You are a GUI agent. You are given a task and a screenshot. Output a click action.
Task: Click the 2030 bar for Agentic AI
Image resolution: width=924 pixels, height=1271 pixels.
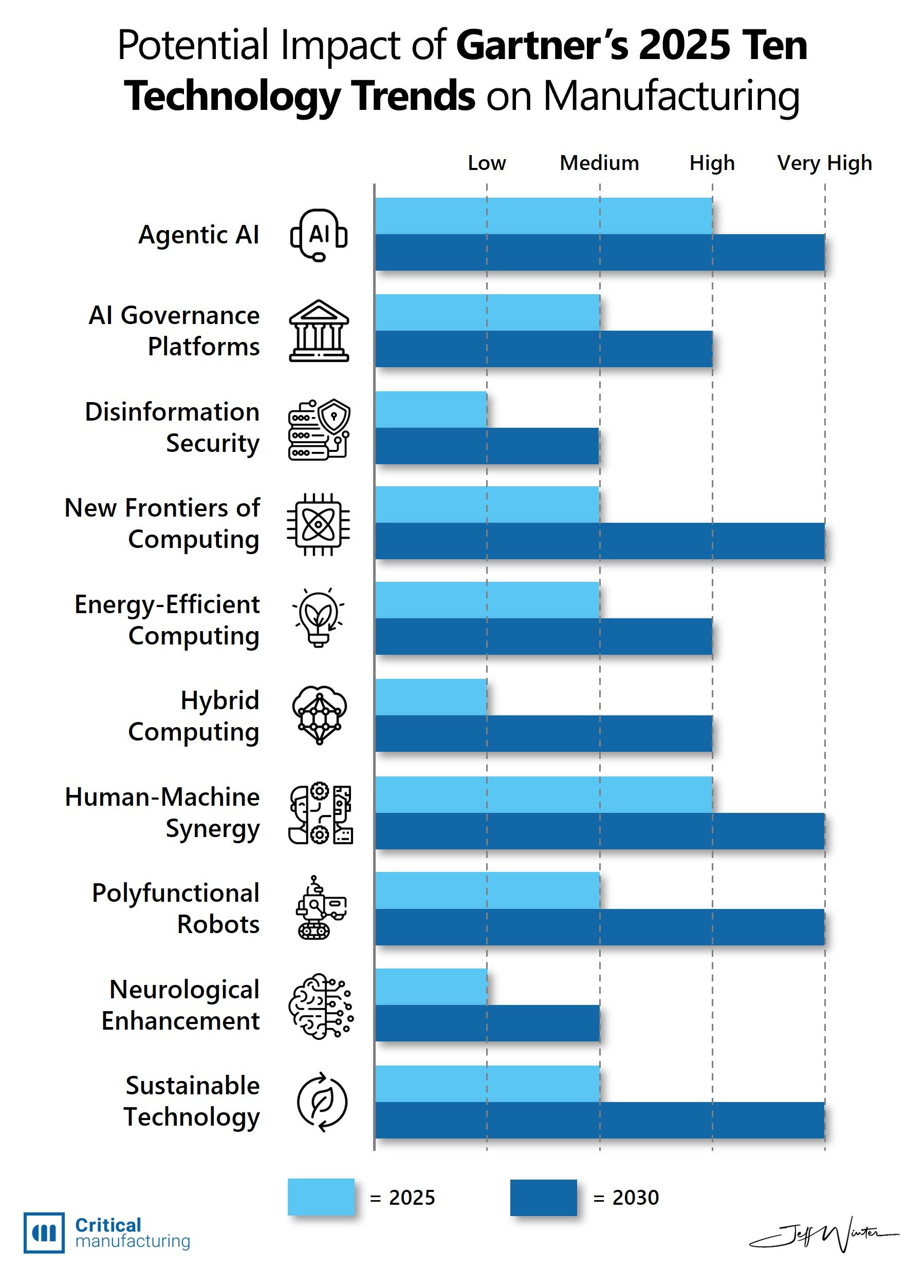600,253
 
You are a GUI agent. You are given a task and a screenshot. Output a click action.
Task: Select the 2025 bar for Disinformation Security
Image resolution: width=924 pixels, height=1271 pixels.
431,410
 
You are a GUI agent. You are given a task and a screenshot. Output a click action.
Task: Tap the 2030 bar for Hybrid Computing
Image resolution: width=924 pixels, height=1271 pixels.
544,733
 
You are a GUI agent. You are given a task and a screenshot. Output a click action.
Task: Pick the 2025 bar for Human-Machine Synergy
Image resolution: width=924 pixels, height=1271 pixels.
544,794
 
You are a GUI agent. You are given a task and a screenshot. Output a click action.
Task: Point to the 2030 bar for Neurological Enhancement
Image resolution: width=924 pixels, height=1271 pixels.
487,1023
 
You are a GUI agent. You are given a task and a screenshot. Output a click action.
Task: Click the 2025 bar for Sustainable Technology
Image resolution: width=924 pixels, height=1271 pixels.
487,1084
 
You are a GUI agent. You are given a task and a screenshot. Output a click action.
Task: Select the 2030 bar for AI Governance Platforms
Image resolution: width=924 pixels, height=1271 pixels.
544,349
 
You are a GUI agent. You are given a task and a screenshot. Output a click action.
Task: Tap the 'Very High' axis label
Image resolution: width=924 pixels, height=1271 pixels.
825,163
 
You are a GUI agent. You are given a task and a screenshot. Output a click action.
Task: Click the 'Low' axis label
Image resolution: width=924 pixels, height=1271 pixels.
487,163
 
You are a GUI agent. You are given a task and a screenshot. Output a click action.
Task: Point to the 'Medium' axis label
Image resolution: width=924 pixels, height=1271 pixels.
599,163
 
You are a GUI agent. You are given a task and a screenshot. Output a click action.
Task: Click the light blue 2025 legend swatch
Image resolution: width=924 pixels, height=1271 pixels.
321,1198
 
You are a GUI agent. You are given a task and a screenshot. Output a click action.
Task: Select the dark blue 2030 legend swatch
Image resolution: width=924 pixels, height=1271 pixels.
543,1198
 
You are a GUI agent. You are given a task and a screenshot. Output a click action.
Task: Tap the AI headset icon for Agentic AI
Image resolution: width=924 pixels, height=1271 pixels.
319,235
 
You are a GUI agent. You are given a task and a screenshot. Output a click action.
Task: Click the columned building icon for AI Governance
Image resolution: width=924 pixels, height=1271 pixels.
319,331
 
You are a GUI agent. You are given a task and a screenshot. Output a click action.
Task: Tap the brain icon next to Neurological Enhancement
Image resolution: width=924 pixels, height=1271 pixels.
320,1006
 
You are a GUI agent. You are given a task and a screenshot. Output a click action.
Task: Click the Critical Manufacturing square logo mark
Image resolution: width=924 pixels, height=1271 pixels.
44,1233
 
